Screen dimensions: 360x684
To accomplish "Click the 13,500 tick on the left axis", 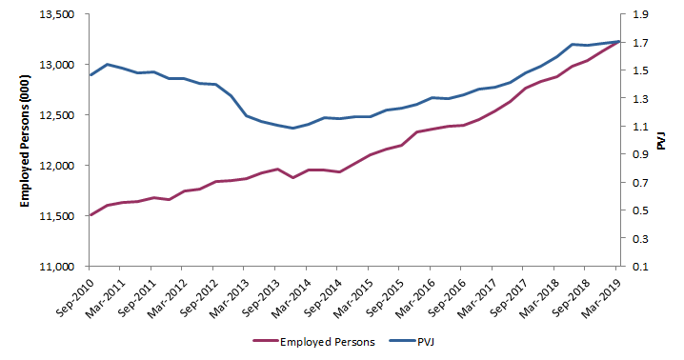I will pos(55,14).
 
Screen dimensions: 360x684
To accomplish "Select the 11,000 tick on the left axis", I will pos(55,266).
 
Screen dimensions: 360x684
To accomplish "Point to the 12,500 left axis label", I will pos(55,115).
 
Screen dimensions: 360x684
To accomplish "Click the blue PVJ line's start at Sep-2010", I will pos(91,74).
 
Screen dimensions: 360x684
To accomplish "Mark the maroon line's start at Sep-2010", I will pos(91,215).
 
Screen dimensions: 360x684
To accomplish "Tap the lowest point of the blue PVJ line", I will pos(292,128).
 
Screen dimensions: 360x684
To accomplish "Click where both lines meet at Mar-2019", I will pos(618,41).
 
